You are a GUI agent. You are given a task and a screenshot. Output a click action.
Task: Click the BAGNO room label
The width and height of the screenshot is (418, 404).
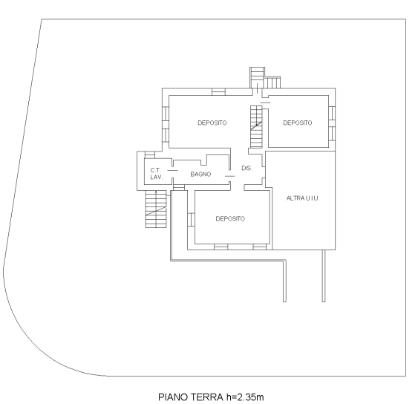click(x=200, y=174)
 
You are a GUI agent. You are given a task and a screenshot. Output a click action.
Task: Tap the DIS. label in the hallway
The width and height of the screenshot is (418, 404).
click(x=247, y=169)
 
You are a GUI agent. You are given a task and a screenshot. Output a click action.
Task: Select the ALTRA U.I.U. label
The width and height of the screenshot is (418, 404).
click(x=302, y=198)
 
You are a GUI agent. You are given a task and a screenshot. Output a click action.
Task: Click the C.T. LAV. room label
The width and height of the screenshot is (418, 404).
click(x=156, y=175)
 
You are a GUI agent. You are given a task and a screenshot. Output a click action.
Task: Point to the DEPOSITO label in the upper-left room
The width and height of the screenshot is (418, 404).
click(x=212, y=123)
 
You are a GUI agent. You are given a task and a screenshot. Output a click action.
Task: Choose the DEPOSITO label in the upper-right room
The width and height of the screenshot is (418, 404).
click(x=297, y=123)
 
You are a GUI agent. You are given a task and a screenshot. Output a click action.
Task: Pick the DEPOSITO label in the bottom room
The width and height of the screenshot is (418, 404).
click(x=230, y=218)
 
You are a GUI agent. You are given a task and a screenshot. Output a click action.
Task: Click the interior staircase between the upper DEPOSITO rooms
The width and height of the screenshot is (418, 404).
click(x=257, y=119)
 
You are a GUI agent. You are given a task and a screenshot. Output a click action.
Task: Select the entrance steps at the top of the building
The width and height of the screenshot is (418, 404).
click(x=258, y=77)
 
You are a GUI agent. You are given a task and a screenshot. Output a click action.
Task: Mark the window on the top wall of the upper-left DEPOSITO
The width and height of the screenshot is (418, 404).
click(x=218, y=92)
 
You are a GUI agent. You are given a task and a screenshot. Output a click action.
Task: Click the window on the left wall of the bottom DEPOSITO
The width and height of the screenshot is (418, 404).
click(x=192, y=221)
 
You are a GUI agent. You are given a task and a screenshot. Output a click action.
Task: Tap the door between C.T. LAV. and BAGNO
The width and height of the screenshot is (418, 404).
click(x=172, y=171)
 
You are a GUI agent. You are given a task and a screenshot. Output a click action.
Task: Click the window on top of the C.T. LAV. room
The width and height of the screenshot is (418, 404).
click(x=149, y=154)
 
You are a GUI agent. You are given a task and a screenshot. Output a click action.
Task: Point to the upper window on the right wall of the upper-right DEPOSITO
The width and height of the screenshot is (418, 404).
click(x=332, y=112)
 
